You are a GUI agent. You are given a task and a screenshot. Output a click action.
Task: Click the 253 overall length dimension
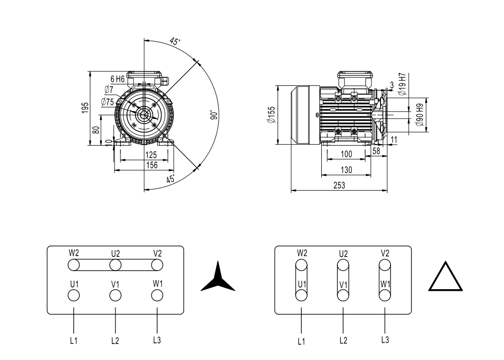coord(339,185)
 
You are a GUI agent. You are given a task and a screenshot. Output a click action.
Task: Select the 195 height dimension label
coord(85,107)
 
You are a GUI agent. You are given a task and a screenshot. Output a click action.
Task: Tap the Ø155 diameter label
coord(271,114)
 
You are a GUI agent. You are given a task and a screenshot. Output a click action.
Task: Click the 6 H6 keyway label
coord(117,79)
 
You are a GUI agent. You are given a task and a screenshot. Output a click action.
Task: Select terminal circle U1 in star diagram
coord(74,296)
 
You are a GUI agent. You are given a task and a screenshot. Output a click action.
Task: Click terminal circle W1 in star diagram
coord(158,296)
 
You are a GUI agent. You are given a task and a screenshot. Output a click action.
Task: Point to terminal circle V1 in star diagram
coord(115,296)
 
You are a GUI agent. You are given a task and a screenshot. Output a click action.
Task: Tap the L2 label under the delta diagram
coord(343,340)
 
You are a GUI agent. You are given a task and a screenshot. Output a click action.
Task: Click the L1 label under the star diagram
coord(74,340)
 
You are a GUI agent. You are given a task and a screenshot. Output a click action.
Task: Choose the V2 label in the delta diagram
coord(385,253)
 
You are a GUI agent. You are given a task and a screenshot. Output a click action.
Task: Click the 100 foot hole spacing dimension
coord(346,153)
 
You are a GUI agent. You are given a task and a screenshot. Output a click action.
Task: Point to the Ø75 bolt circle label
coord(107,101)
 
